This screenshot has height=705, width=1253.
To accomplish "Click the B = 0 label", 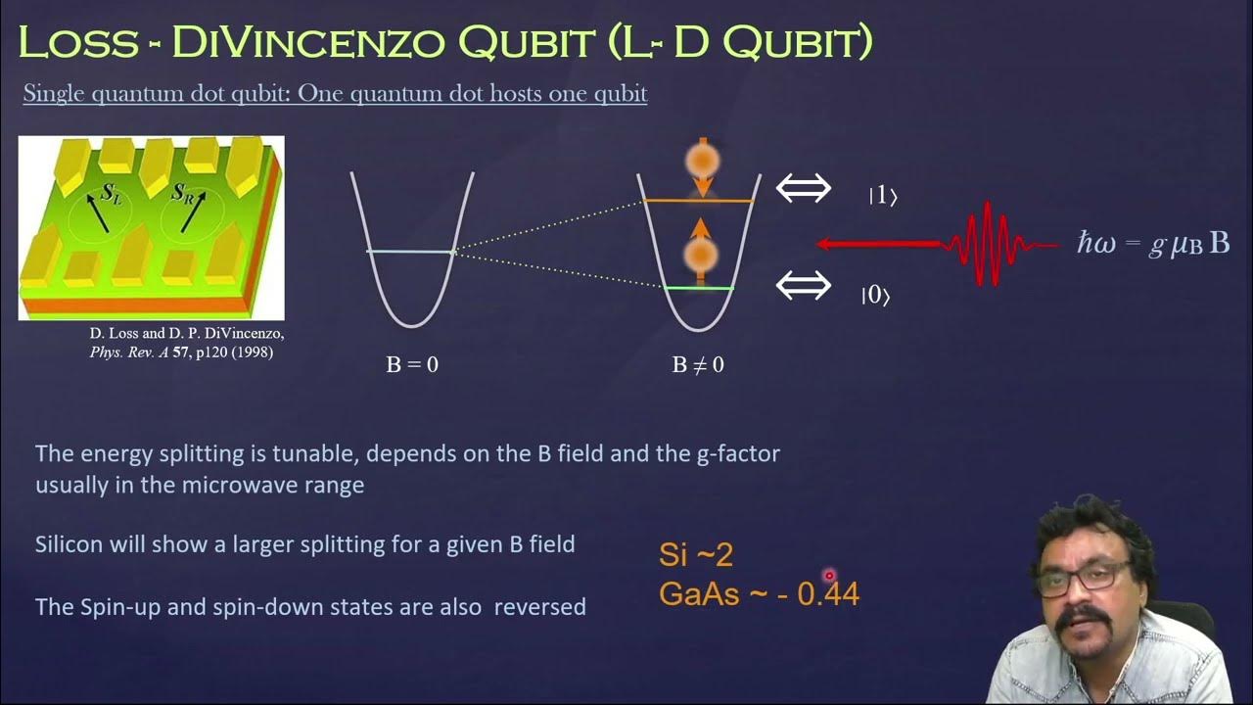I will click(412, 365).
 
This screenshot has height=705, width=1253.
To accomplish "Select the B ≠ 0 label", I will click(698, 365).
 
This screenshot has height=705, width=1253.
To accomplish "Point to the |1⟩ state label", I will click(882, 196).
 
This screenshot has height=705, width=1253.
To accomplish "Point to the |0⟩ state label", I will click(875, 295).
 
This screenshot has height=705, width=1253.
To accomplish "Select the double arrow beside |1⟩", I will click(804, 188).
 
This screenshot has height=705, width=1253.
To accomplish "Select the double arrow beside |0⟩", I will click(804, 285).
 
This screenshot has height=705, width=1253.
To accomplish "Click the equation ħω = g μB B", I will click(1153, 244).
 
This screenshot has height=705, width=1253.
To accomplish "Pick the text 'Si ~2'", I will click(696, 555).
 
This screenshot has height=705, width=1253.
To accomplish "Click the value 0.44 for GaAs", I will click(828, 593).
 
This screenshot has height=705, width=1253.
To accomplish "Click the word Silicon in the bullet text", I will click(69, 544).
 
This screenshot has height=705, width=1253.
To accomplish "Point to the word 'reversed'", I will click(539, 607).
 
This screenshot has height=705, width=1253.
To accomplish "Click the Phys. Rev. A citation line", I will click(181, 352).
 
